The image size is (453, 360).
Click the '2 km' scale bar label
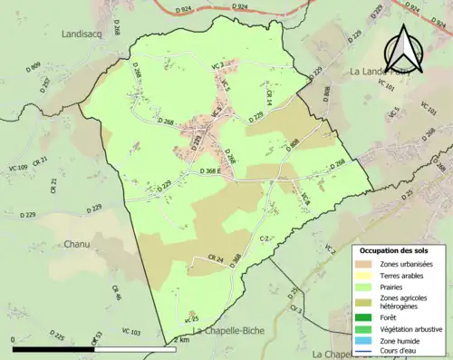click(184, 340)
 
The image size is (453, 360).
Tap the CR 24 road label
click(215, 259)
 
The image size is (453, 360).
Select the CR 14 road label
click(269, 97)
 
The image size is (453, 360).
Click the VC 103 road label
click(130, 333)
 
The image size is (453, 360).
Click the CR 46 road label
click(116, 293)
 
